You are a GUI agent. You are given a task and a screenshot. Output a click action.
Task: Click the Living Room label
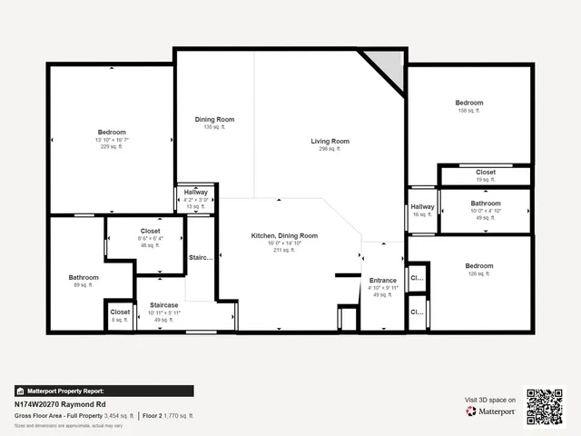(330, 141)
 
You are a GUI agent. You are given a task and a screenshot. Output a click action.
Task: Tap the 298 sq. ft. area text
(330, 149)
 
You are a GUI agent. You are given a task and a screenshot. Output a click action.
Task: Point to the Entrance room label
(381, 280)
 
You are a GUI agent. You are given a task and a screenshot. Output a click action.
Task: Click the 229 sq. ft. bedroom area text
(112, 147)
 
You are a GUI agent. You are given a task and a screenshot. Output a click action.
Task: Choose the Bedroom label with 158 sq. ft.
(469, 103)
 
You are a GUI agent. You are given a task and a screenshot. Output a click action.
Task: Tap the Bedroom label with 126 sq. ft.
(480, 265)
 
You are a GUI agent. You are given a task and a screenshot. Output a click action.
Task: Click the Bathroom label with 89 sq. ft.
(84, 277)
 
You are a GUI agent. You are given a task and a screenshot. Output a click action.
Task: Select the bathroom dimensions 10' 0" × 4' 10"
(486, 211)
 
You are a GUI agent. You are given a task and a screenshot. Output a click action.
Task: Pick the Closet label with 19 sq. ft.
(486, 172)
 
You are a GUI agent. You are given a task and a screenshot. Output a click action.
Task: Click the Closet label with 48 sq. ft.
(150, 231)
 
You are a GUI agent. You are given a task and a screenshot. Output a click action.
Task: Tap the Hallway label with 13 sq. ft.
(196, 193)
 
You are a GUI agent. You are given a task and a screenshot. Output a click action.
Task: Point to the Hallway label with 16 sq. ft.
(422, 207)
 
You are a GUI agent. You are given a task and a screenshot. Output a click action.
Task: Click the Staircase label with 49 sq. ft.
(163, 304)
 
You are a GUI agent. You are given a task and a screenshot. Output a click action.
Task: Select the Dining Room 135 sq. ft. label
(214, 120)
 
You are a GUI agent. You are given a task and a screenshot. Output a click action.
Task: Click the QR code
(545, 406)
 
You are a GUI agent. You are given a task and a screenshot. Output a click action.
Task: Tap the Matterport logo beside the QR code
(491, 411)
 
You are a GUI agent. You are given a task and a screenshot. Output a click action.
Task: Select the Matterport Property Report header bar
(103, 391)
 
